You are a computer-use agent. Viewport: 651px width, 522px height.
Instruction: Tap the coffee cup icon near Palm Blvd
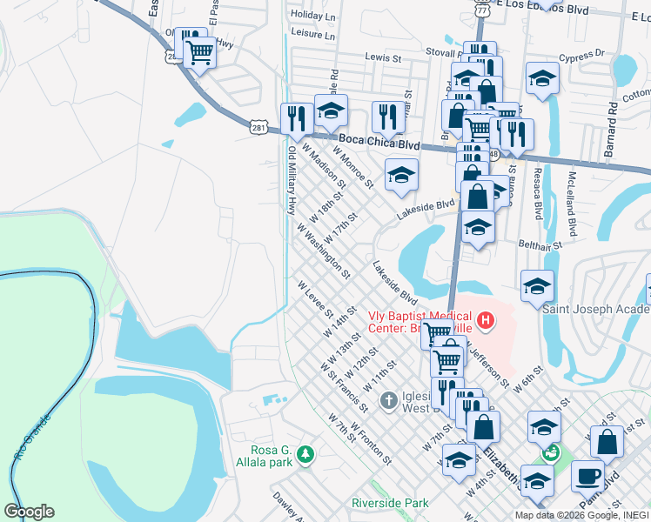587,477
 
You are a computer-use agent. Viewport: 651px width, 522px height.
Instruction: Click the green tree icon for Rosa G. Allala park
305,455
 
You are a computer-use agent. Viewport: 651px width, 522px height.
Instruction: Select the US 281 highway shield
258,128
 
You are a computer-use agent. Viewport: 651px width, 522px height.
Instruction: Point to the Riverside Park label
391,503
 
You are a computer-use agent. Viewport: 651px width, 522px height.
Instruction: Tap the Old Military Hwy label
291,180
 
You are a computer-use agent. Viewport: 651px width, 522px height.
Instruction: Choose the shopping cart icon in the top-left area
199,52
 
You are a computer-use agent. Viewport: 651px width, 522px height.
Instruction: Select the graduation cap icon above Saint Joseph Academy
538,285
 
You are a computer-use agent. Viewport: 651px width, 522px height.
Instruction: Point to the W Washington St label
323,251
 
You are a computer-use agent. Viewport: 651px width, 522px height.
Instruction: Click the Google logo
29,512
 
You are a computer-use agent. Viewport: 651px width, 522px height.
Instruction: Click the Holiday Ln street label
313,16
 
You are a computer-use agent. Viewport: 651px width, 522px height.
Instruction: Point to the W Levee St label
316,299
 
